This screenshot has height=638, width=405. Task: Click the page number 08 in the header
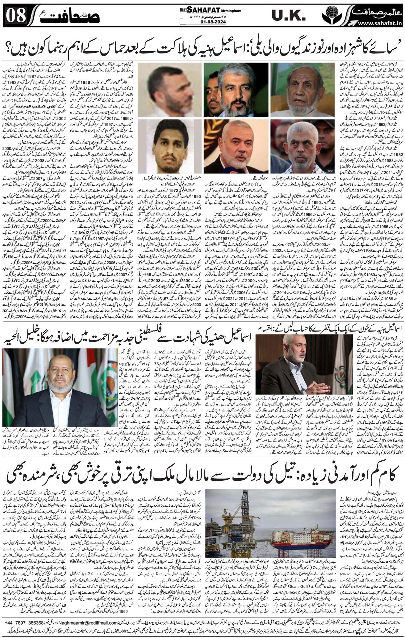click(x=16, y=15)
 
